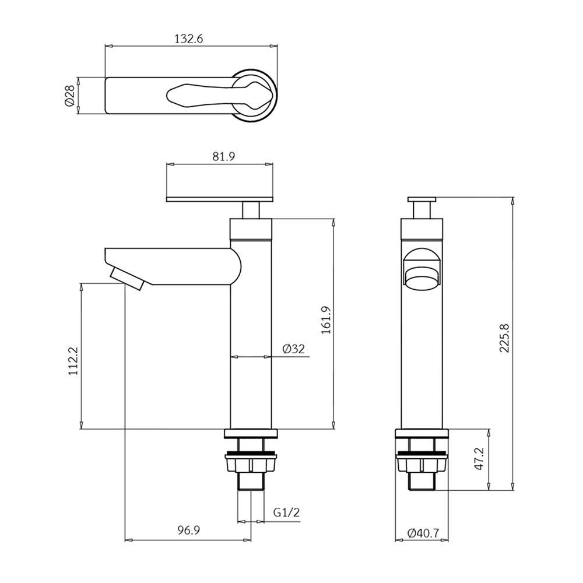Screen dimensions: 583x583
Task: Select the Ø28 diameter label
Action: tap(69, 96)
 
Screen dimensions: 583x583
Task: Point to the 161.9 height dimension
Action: tap(326, 320)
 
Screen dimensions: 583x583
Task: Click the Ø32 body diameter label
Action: tap(294, 349)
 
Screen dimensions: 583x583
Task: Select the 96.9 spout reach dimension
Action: tap(189, 531)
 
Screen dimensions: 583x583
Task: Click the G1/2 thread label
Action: tap(286, 514)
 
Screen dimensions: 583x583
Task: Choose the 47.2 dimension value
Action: tap(481, 459)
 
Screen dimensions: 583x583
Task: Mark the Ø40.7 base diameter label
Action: tap(423, 533)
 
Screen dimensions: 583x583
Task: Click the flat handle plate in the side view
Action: tap(220, 199)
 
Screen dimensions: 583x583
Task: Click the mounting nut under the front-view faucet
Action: tap(423, 463)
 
